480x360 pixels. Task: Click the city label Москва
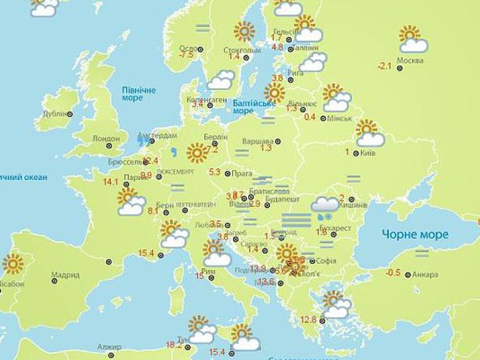click(x=410, y=61)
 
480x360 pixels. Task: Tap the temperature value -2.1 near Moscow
click(x=384, y=66)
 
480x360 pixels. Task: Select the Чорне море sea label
click(x=415, y=234)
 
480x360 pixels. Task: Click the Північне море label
click(x=139, y=94)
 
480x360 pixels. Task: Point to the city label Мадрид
click(x=66, y=275)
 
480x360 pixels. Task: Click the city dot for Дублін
click(x=70, y=114)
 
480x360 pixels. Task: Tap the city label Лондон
click(x=105, y=138)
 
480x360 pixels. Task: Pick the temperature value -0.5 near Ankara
click(x=393, y=272)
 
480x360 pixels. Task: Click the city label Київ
click(x=368, y=152)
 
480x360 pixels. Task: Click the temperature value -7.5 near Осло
click(x=186, y=55)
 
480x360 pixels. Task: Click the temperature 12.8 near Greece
click(x=309, y=319)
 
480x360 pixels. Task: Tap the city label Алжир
click(x=109, y=347)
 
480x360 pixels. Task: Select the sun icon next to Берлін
click(x=196, y=152)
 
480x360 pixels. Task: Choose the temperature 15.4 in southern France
click(x=146, y=253)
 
